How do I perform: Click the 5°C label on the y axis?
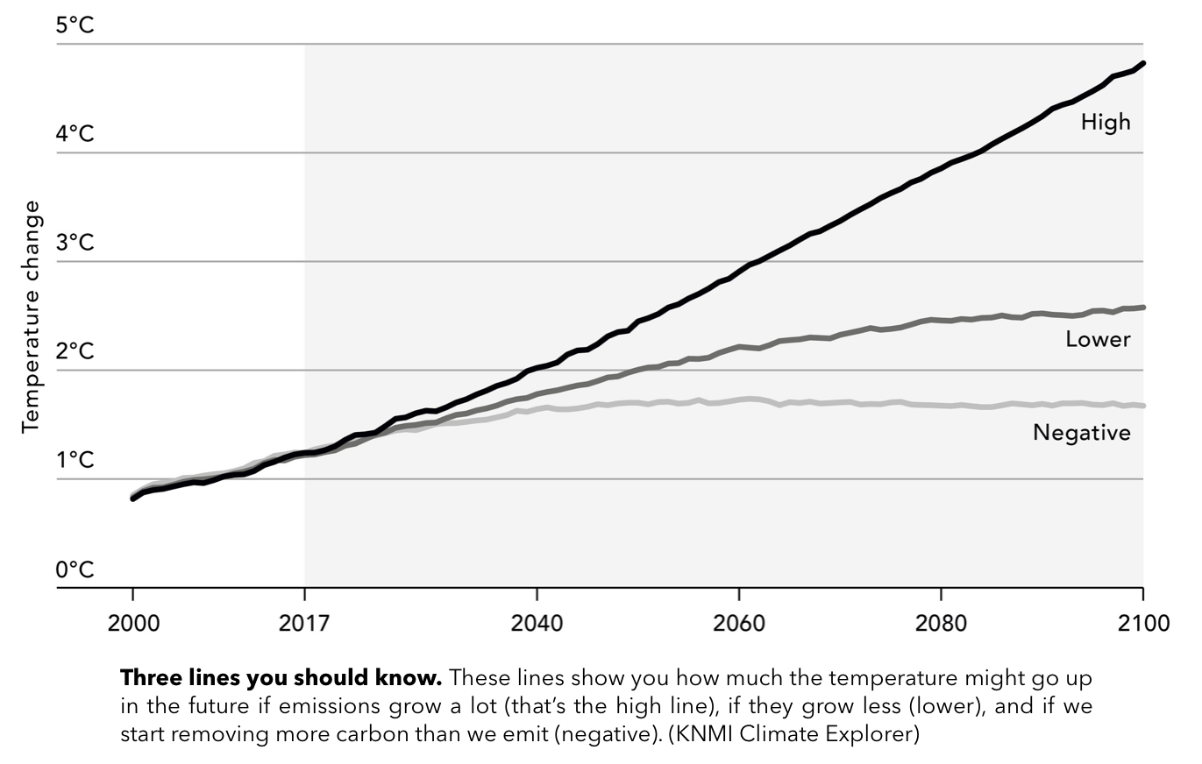click(75, 25)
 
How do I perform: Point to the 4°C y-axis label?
click(75, 134)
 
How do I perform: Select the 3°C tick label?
click(75, 243)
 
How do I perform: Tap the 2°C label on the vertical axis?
click(75, 351)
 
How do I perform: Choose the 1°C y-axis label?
click(75, 460)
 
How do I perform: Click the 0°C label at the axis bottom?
click(75, 569)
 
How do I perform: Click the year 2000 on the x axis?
click(132, 623)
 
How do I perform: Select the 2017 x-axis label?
click(303, 623)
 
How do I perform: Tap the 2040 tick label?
click(536, 623)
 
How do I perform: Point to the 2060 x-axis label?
click(739, 623)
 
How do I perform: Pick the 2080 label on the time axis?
click(941, 623)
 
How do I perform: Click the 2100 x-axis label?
click(1143, 623)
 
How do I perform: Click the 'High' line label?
click(1106, 122)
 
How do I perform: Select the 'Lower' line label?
click(1098, 339)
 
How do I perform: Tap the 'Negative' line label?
click(1082, 432)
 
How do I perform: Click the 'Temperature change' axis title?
click(32, 316)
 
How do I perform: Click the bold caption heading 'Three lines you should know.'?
click(281, 678)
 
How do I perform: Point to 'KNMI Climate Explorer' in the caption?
click(793, 734)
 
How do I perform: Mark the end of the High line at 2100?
click(1142, 64)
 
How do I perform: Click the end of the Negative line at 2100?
click(1142, 406)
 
